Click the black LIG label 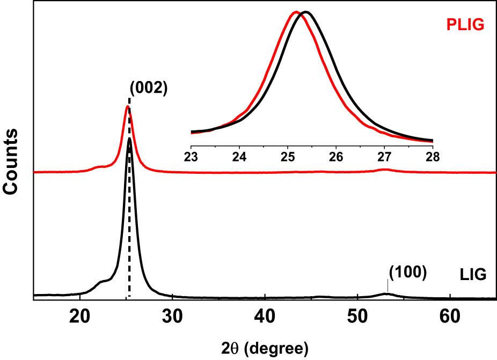pos(473,275)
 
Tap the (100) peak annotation pos(407,272)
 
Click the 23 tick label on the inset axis pos(191,157)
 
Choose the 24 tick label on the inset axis pos(239,157)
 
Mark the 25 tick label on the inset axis pos(288,157)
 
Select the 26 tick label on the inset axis pos(336,157)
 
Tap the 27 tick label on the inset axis pos(384,157)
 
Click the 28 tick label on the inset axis pos(433,157)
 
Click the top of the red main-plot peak pos(127,107)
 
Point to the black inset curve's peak pos(305,12)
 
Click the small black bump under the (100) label pos(386,293)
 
